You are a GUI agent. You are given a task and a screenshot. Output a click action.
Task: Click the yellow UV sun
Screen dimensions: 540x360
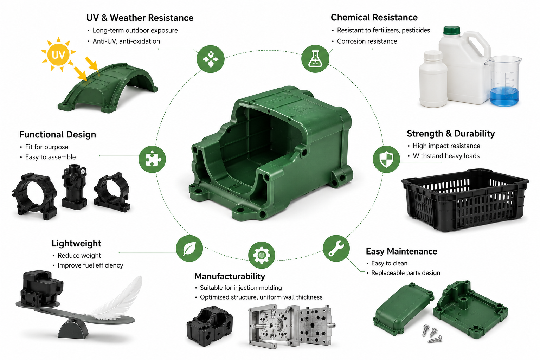[x=58, y=54]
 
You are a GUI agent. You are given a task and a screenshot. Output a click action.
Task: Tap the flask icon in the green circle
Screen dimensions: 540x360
[x=315, y=59]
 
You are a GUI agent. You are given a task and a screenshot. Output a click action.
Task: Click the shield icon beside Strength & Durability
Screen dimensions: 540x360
[x=386, y=159]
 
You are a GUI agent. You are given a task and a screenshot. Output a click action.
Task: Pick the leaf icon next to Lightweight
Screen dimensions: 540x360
[x=189, y=248]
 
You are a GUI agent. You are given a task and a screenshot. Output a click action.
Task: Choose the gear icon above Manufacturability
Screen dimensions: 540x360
[x=262, y=255]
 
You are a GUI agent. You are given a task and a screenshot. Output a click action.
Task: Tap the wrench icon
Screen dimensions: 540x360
[x=336, y=248]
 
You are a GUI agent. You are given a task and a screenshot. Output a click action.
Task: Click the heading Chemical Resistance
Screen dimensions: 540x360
[x=374, y=17]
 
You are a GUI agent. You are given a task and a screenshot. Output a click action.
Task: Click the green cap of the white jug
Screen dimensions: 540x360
[x=452, y=30]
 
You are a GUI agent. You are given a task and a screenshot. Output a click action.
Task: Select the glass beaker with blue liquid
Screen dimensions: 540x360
[x=503, y=81]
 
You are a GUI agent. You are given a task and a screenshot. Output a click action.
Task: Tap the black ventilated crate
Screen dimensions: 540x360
[x=465, y=200]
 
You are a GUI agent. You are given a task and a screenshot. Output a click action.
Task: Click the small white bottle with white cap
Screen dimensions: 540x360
[x=433, y=79]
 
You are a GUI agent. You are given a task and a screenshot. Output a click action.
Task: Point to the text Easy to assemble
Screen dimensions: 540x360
[x=50, y=157]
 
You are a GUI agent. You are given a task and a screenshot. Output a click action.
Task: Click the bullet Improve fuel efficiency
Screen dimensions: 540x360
[x=90, y=265]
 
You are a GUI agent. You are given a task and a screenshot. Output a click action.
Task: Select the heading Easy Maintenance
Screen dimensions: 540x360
[x=401, y=251]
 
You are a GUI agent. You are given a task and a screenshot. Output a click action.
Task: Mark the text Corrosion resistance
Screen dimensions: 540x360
[x=367, y=41]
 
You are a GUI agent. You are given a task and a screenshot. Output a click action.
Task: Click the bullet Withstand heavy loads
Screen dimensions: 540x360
[x=446, y=156]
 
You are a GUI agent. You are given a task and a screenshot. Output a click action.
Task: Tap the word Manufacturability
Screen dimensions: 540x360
[x=230, y=276]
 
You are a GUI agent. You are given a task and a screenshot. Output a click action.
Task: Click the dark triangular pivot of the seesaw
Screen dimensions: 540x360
[x=73, y=329]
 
